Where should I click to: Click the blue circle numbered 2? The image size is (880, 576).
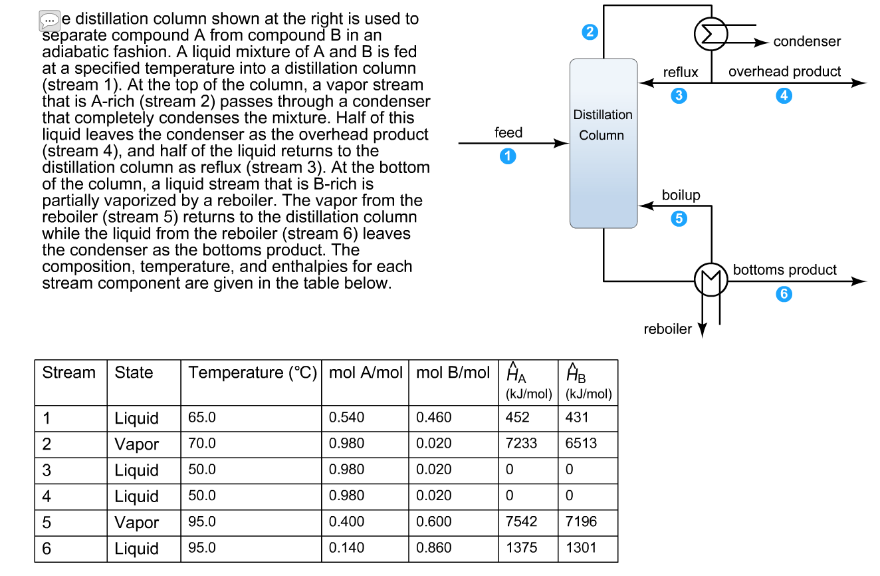590,32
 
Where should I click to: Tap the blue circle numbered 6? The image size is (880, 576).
784,295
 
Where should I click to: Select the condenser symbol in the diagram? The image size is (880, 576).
711,34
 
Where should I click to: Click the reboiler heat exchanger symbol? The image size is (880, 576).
711,282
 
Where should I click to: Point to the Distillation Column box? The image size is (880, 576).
603,143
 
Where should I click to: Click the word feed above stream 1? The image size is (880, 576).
508,132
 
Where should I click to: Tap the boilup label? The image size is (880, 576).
681,196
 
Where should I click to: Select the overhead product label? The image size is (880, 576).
784,72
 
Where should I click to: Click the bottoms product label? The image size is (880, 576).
784,270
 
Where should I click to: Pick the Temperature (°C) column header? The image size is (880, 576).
253,373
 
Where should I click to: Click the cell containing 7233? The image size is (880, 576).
521,444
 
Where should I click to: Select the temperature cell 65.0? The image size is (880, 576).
202,418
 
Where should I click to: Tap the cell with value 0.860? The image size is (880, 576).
433,548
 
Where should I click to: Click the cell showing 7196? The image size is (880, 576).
581,522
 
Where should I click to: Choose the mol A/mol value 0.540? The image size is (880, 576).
346,418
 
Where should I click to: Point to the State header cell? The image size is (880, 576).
134,373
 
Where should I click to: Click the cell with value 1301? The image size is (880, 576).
581,548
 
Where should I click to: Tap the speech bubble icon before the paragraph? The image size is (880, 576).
49,20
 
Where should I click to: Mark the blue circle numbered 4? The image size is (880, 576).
784,96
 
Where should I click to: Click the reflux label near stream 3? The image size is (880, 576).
681,72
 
